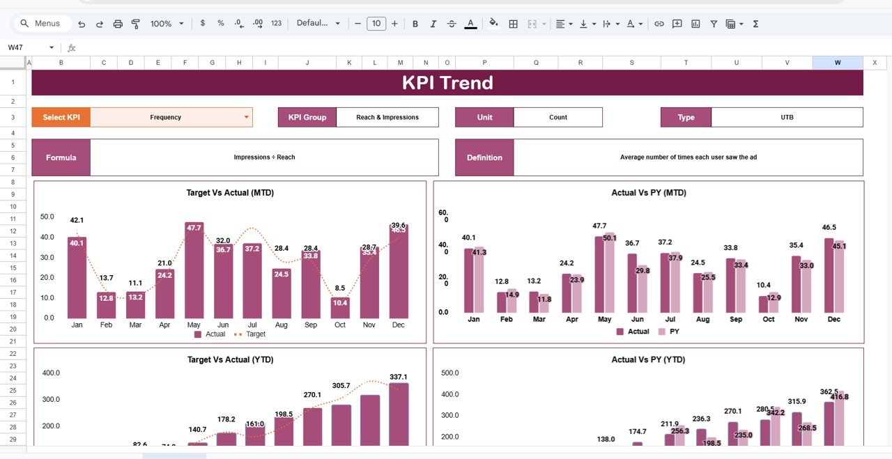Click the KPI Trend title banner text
coord(447,83)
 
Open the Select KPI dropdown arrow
coord(246,117)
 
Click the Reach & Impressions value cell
coord(387,117)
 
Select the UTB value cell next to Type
coord(787,117)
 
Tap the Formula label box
coord(61,157)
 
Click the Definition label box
coord(484,157)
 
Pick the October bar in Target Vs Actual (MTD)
coord(340,307)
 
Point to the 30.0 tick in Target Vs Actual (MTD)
coord(47,258)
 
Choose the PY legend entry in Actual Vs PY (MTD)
coord(668,332)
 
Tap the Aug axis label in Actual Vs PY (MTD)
coord(702,319)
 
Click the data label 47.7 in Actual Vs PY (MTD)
coord(600,226)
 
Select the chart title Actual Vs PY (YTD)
coord(648,359)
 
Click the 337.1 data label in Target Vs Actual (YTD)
coord(399,377)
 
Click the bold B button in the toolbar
coord(415,24)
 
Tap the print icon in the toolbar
coord(118,24)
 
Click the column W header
coord(838,63)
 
